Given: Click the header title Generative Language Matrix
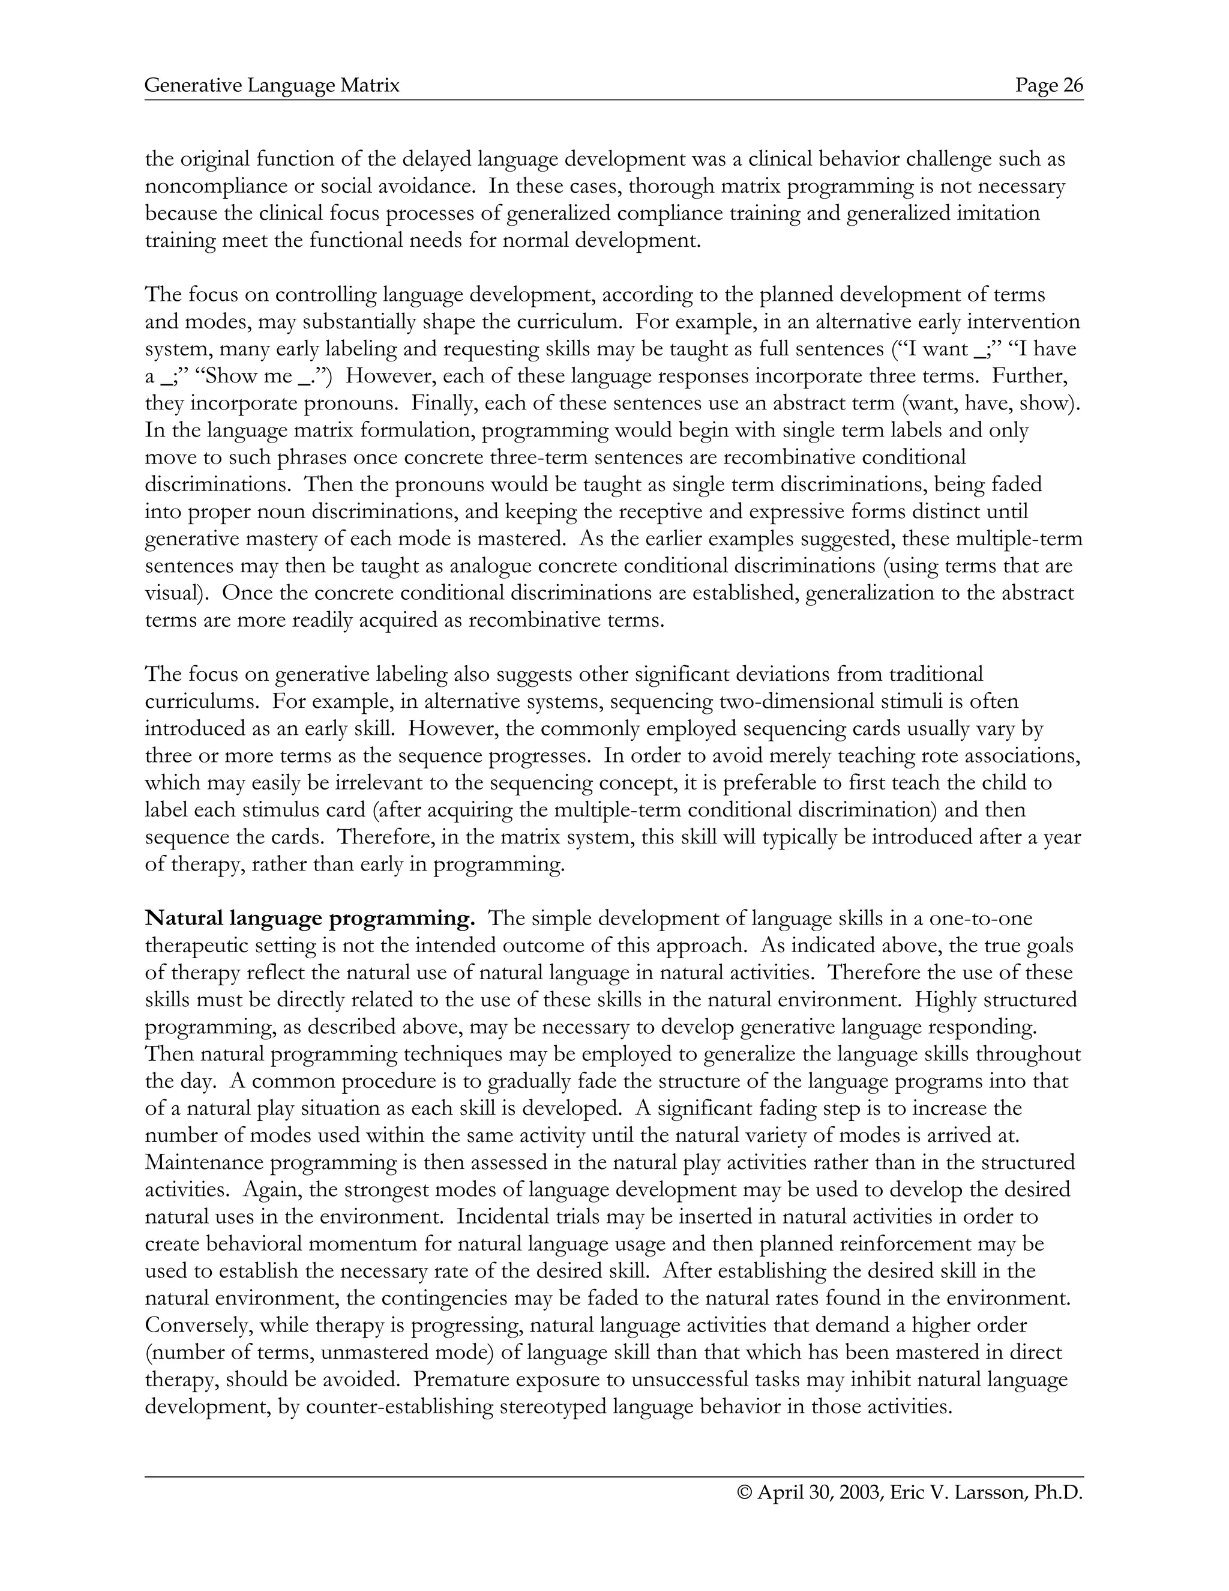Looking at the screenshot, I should [272, 86].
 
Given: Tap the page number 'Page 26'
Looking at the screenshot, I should [1049, 86].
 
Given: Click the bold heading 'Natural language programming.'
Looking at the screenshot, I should [310, 919].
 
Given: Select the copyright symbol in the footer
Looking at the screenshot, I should [744, 1493].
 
